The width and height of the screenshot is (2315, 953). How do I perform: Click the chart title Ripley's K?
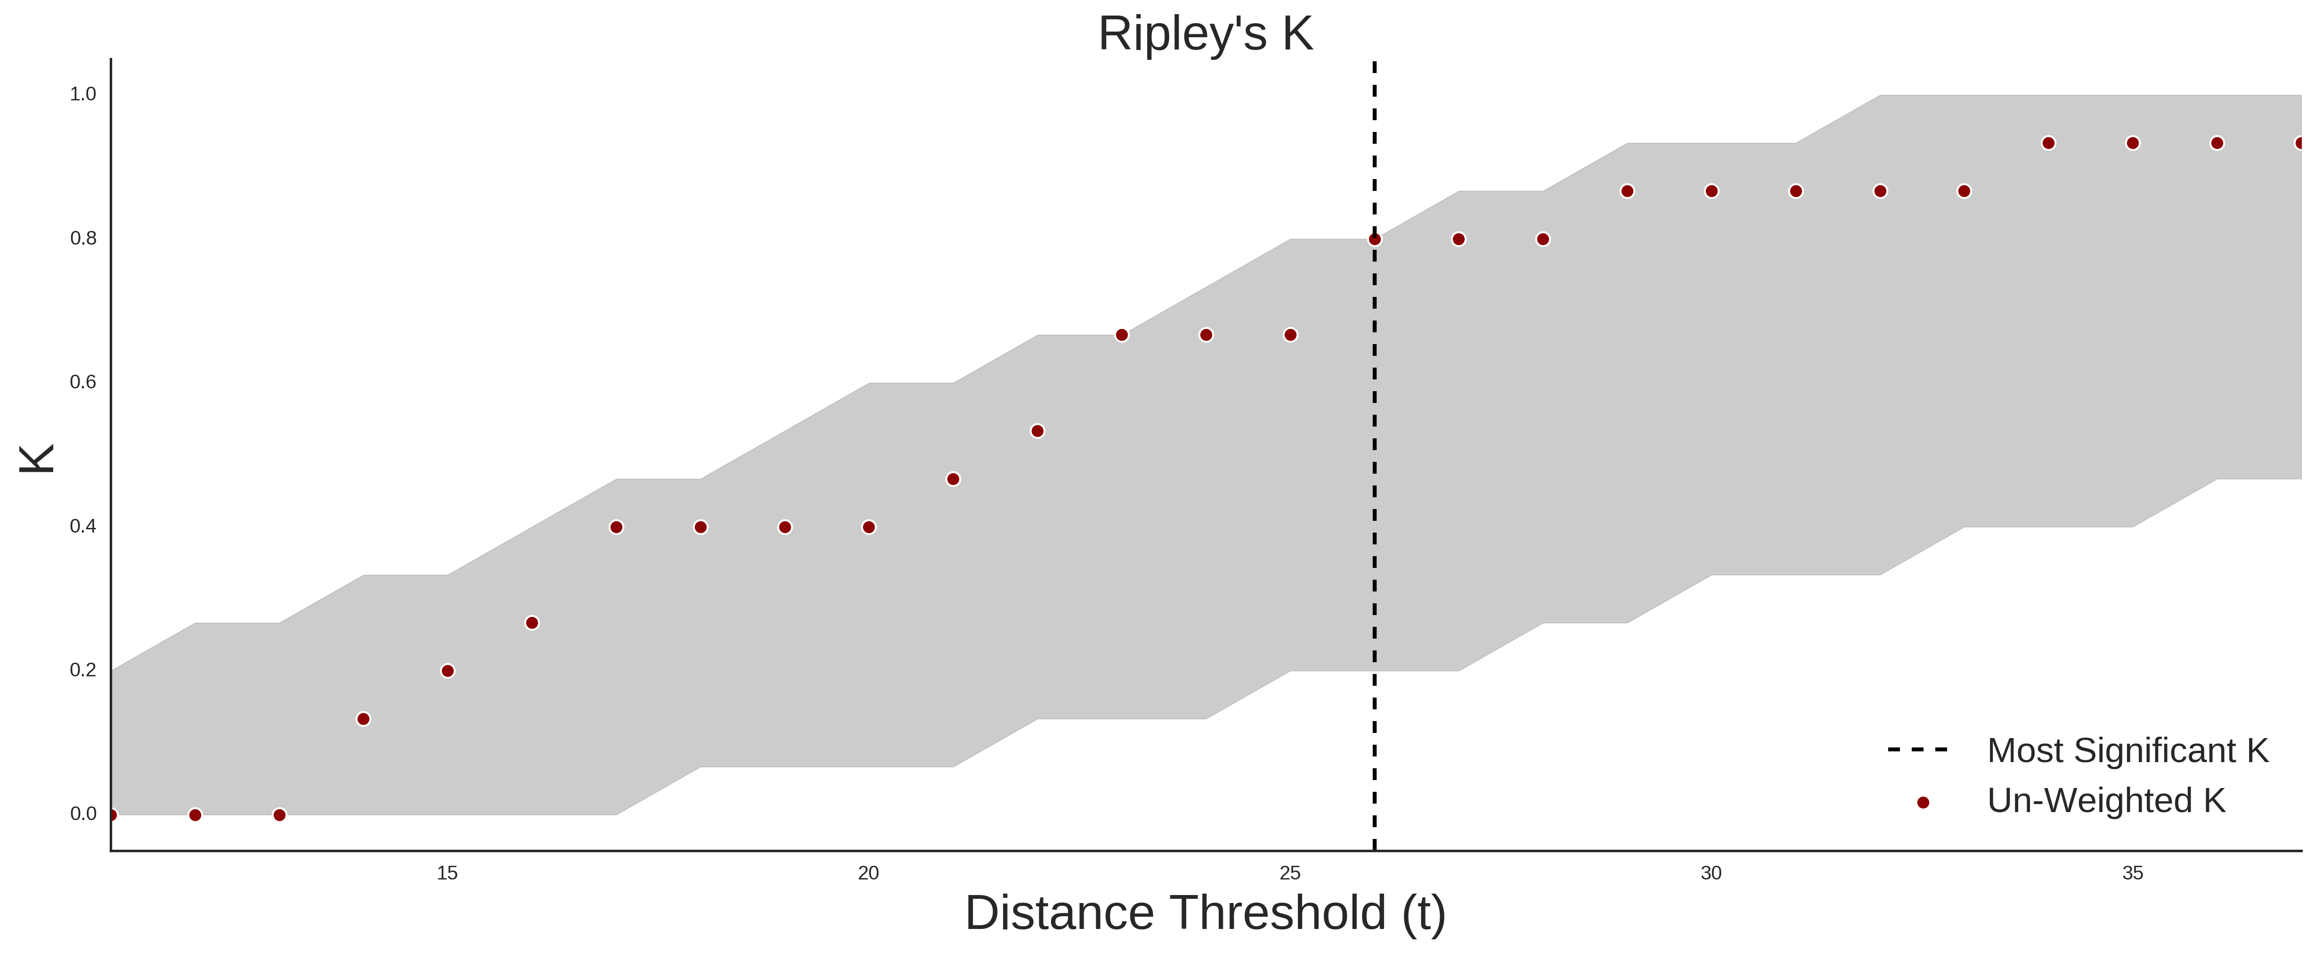1205,34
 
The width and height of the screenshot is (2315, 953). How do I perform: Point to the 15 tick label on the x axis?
448,873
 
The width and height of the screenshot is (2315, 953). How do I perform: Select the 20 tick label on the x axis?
868,873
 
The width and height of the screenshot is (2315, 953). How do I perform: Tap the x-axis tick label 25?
1289,873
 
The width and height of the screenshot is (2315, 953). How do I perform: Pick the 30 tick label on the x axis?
1711,873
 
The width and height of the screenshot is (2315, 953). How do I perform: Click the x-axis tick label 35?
2133,873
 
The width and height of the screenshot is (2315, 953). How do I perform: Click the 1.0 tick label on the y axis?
83,94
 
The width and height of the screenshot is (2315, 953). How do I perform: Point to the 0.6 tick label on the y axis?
83,382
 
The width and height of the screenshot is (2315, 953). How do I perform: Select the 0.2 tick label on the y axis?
83,670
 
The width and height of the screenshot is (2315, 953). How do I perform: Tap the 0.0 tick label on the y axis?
83,813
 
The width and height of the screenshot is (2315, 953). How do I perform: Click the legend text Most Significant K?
2127,751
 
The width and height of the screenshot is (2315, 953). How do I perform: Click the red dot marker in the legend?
1922,803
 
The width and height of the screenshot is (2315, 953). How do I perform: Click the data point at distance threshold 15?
448,671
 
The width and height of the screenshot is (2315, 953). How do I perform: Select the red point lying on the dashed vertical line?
1374,239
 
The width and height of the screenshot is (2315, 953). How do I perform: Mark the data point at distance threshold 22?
1037,431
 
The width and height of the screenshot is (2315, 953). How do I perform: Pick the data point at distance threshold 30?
1711,190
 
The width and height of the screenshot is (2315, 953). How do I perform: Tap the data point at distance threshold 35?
2133,143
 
